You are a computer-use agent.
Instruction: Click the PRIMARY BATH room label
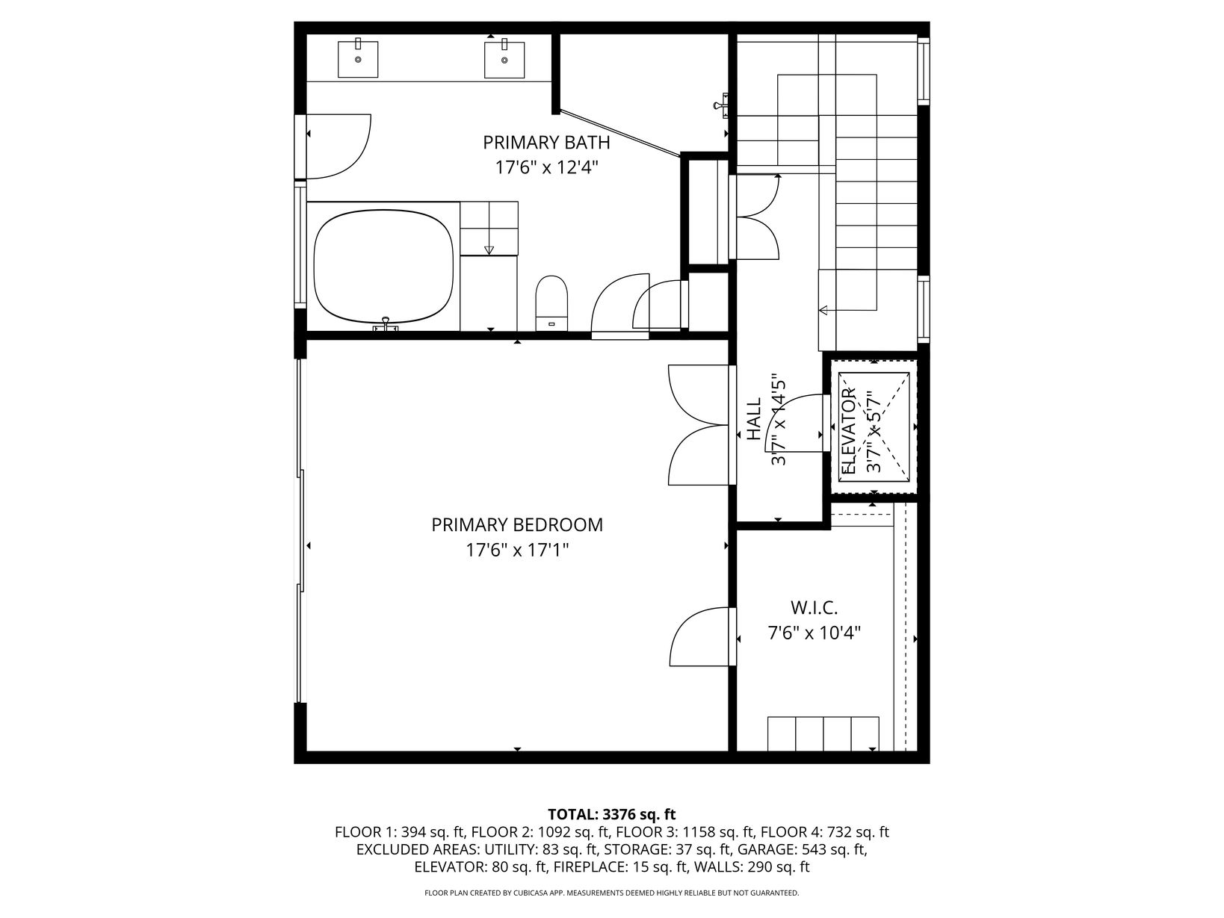(546, 143)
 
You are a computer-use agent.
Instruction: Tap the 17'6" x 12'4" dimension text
(546, 167)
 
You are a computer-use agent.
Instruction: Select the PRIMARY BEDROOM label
(517, 525)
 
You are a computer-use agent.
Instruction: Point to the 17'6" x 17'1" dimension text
(517, 551)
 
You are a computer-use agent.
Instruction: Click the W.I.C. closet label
(814, 607)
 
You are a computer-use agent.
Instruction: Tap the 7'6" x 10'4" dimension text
(815, 633)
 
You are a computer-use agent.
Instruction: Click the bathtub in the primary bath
(383, 267)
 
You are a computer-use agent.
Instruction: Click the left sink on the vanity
(358, 59)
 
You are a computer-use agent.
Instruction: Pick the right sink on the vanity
(504, 59)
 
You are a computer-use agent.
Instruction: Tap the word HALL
(754, 418)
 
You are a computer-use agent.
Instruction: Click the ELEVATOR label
(847, 431)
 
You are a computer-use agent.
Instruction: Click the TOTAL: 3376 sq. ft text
(612, 814)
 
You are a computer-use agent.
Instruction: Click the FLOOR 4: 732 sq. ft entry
(825, 832)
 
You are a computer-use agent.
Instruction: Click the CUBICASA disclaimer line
(612, 893)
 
